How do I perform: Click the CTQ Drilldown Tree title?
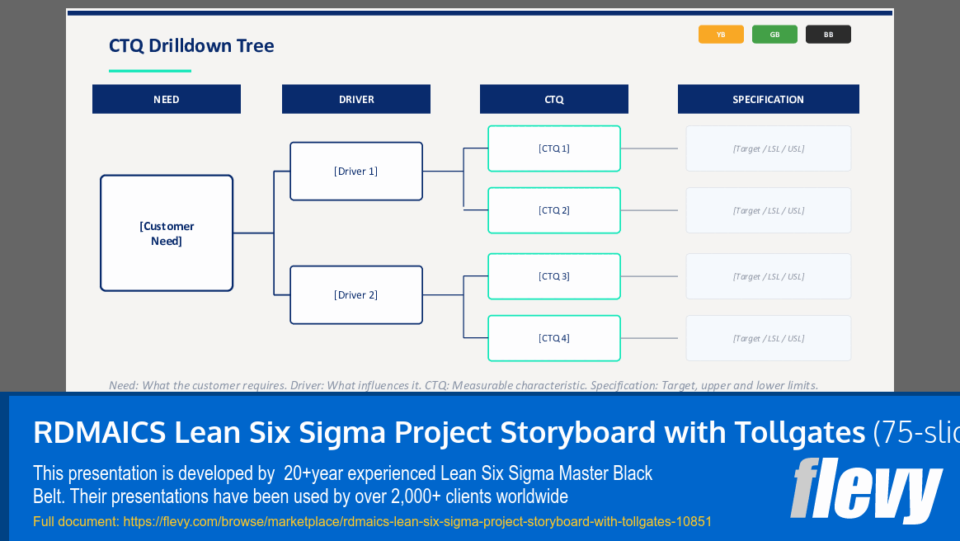[x=191, y=45]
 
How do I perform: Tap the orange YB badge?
[x=721, y=35]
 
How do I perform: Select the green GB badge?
[x=774, y=35]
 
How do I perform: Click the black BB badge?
[x=828, y=35]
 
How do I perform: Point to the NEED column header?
[x=167, y=99]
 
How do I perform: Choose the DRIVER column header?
[x=356, y=99]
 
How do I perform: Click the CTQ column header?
[x=554, y=99]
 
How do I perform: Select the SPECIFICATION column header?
[x=768, y=99]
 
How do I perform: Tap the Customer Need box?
[x=167, y=233]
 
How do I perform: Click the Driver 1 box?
[x=356, y=172]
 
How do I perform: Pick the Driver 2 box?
[x=356, y=295]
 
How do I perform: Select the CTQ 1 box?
[x=554, y=148]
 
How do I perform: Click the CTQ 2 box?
[x=554, y=210]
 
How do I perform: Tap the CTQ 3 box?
[x=554, y=276]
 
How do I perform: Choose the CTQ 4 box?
[x=554, y=338]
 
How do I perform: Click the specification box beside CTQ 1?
[x=768, y=148]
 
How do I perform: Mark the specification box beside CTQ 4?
[x=768, y=338]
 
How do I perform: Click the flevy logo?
[x=865, y=490]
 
